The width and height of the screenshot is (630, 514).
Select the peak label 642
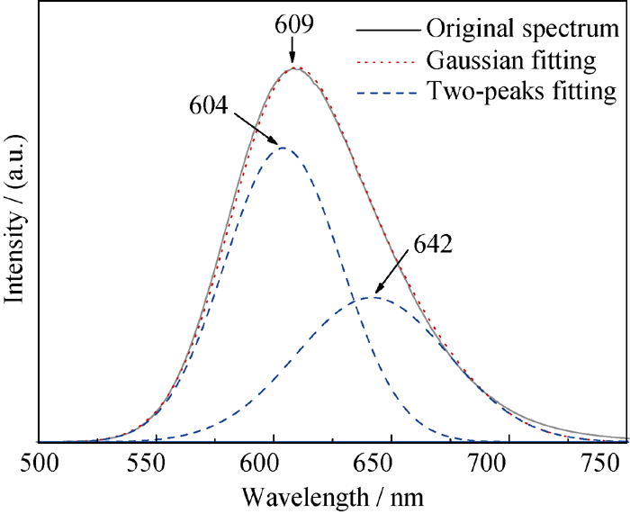[434, 243]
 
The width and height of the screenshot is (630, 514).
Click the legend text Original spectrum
[524, 30]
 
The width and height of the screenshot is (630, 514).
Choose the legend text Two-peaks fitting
[522, 91]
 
